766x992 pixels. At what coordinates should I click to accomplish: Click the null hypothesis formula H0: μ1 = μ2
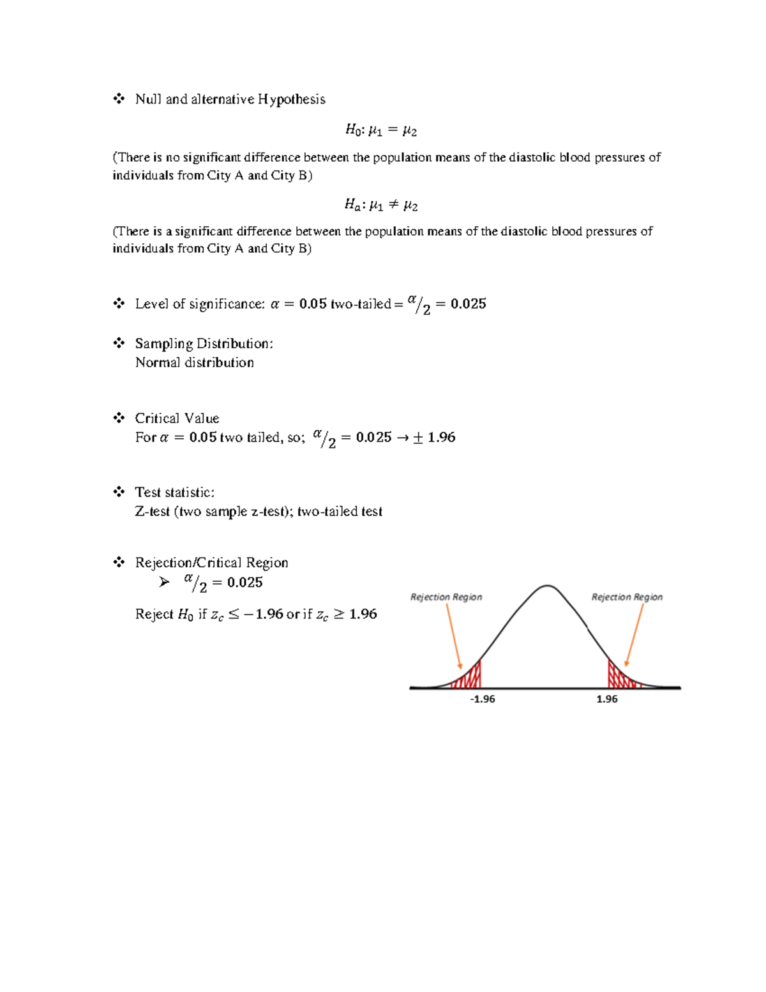point(381,130)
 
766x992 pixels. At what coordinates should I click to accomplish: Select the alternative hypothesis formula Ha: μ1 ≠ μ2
point(381,205)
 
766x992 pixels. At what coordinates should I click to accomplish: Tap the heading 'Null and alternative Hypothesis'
point(230,99)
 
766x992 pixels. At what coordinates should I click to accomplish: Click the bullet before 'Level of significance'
point(119,303)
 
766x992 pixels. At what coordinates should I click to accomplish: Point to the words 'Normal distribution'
point(195,363)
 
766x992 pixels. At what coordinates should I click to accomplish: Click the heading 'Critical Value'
point(177,418)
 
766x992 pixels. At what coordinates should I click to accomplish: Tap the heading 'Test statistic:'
point(174,492)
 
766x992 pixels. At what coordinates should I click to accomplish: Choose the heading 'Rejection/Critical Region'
point(211,563)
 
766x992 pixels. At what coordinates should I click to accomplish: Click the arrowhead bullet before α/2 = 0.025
point(165,582)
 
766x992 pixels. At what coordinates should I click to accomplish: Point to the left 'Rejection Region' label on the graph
point(446,597)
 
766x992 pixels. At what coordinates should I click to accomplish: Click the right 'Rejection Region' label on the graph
point(627,597)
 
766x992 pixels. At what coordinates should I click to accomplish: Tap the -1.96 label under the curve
point(482,699)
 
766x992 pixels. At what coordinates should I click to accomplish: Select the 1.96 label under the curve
point(606,699)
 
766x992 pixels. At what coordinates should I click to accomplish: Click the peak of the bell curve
point(547,586)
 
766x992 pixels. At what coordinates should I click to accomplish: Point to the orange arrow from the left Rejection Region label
point(453,636)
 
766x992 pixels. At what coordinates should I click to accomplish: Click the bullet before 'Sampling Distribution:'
point(119,344)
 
